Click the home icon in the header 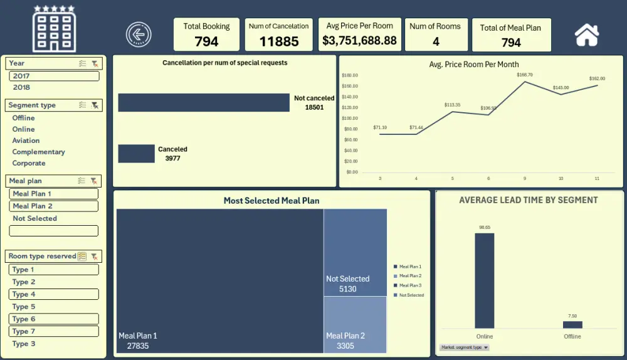587,34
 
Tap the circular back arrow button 139,34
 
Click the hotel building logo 54,29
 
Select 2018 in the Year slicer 21,87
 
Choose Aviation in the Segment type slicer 26,140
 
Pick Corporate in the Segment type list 29,163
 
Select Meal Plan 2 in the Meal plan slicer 33,206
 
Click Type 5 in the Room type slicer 24,307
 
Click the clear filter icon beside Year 95,63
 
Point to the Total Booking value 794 206,41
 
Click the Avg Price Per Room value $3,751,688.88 359,40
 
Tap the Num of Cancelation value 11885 278,41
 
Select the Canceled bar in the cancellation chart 136,154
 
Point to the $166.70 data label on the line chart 524,75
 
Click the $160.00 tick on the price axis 350,86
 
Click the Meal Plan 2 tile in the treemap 355,325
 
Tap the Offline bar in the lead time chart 572,324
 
